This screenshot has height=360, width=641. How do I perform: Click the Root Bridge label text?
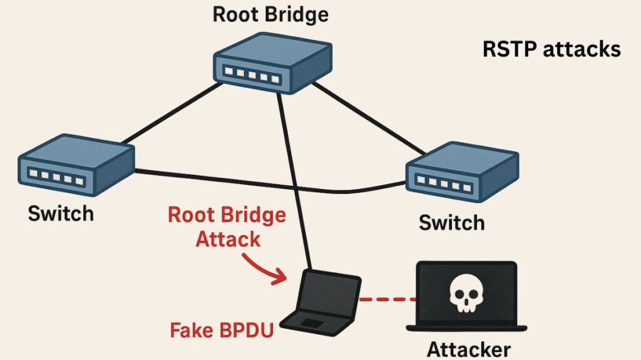point(270,14)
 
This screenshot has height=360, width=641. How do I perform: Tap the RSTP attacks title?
point(551,49)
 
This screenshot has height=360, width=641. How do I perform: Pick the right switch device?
point(461,175)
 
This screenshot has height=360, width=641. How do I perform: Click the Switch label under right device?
point(451,222)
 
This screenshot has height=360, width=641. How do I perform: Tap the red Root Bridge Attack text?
point(227,227)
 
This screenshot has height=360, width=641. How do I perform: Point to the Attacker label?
point(469,348)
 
